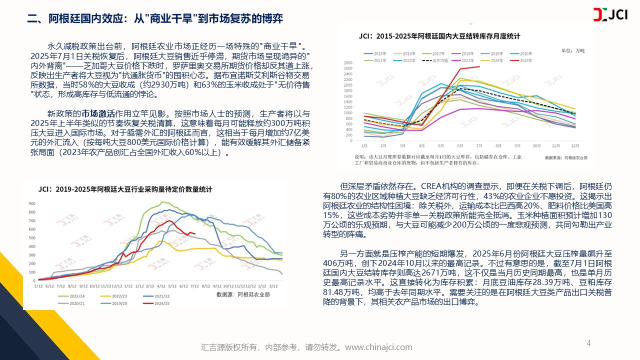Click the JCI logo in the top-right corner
tap(613, 15)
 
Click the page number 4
tap(588, 343)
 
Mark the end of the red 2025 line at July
tap(479, 66)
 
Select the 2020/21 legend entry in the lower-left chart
tap(77, 303)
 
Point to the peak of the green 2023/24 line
tap(162, 202)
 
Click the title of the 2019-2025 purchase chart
tap(125, 189)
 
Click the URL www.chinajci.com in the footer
tap(378, 347)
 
